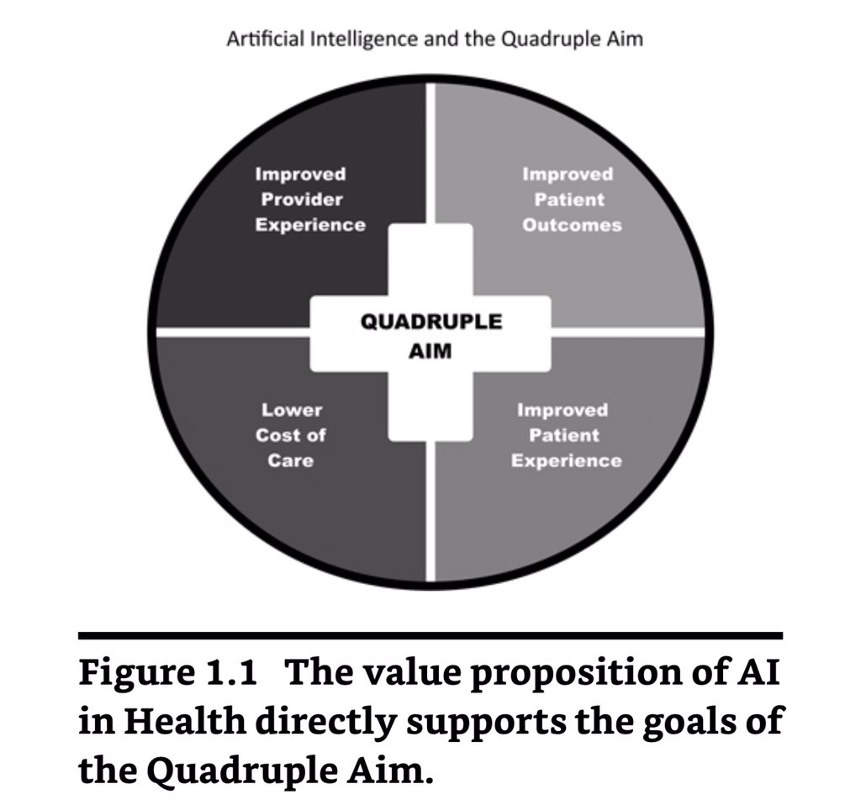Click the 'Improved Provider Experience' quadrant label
tap(310, 200)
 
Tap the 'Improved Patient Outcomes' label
tap(571, 200)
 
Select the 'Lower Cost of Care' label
tap(291, 435)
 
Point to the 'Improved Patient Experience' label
tap(568, 435)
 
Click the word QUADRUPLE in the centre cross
tap(430, 323)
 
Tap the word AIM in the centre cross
tap(430, 351)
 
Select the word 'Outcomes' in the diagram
tap(572, 225)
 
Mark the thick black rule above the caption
tap(430, 636)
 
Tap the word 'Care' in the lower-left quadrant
tap(291, 460)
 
